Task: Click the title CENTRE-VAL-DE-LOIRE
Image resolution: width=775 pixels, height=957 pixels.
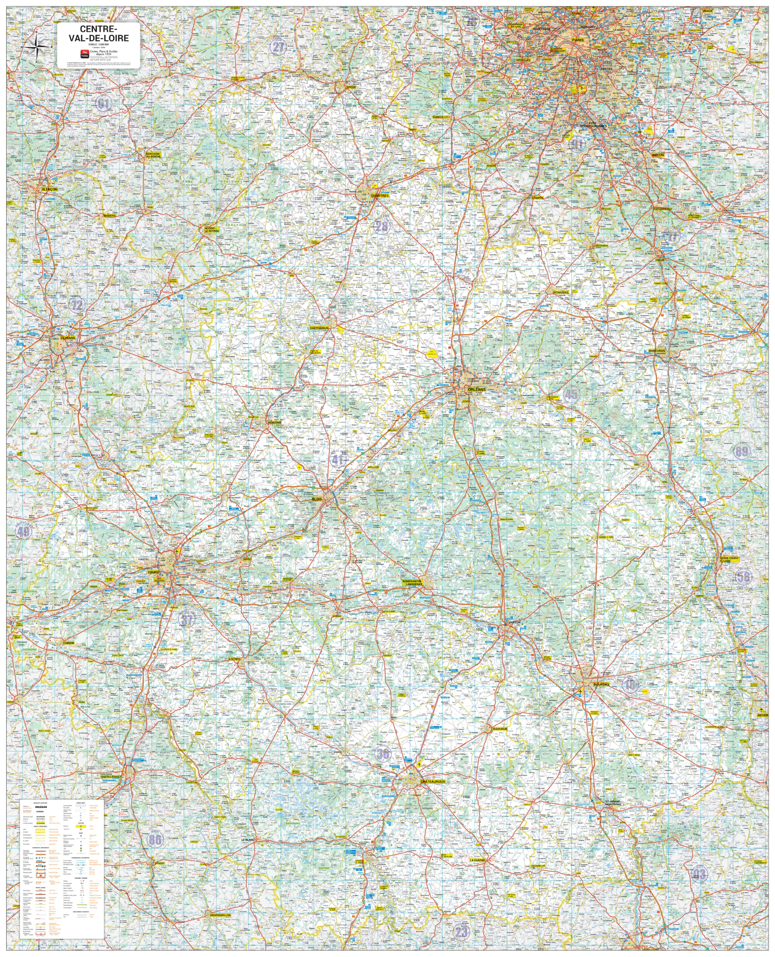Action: [98, 34]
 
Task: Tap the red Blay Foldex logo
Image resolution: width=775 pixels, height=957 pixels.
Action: [84, 54]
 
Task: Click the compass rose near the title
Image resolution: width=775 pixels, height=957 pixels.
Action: [37, 45]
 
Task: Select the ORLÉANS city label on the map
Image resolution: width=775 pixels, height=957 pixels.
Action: [476, 390]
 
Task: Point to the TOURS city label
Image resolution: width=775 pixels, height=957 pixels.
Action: [153, 572]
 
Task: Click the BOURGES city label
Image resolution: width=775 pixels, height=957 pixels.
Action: [601, 684]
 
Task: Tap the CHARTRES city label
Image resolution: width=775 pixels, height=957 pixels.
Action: [380, 196]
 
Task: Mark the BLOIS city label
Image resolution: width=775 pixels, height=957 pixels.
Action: [317, 499]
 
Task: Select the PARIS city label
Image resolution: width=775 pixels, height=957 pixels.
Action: [578, 40]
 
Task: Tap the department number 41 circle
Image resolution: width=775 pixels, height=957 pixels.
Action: [338, 459]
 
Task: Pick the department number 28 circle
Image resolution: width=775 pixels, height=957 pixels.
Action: [381, 227]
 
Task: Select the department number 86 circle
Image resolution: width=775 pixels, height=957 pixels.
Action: [155, 840]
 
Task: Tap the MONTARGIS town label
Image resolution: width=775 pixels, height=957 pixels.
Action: [657, 351]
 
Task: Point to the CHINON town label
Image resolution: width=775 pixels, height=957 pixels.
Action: [68, 643]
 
